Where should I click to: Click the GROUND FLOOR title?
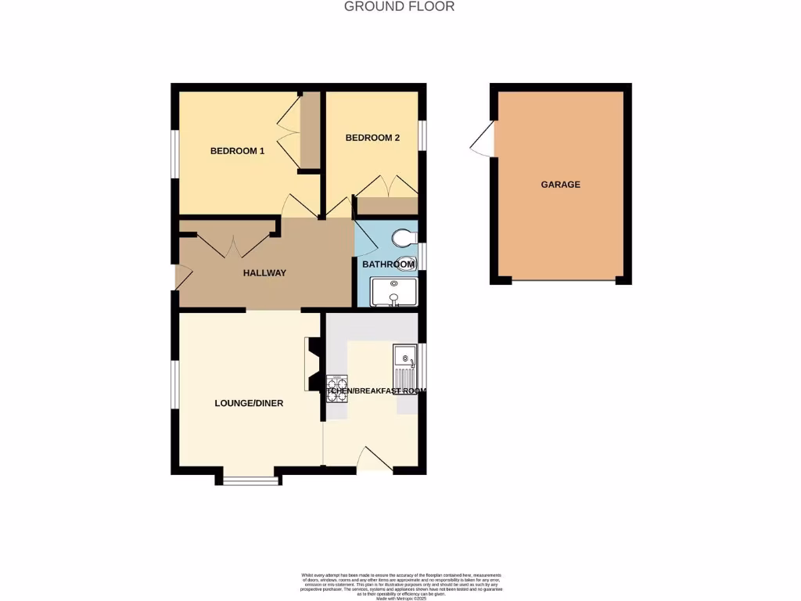(x=400, y=7)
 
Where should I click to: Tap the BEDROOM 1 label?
(x=237, y=151)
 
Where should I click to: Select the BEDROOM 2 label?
(x=372, y=138)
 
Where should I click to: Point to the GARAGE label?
(x=560, y=185)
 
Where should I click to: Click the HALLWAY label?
(x=264, y=273)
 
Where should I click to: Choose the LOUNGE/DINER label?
(x=249, y=404)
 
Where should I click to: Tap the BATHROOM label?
(x=388, y=265)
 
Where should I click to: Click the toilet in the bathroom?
(x=404, y=236)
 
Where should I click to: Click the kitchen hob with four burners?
(x=336, y=389)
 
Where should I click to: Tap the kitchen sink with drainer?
(x=405, y=368)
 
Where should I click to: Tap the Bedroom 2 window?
(x=422, y=133)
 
